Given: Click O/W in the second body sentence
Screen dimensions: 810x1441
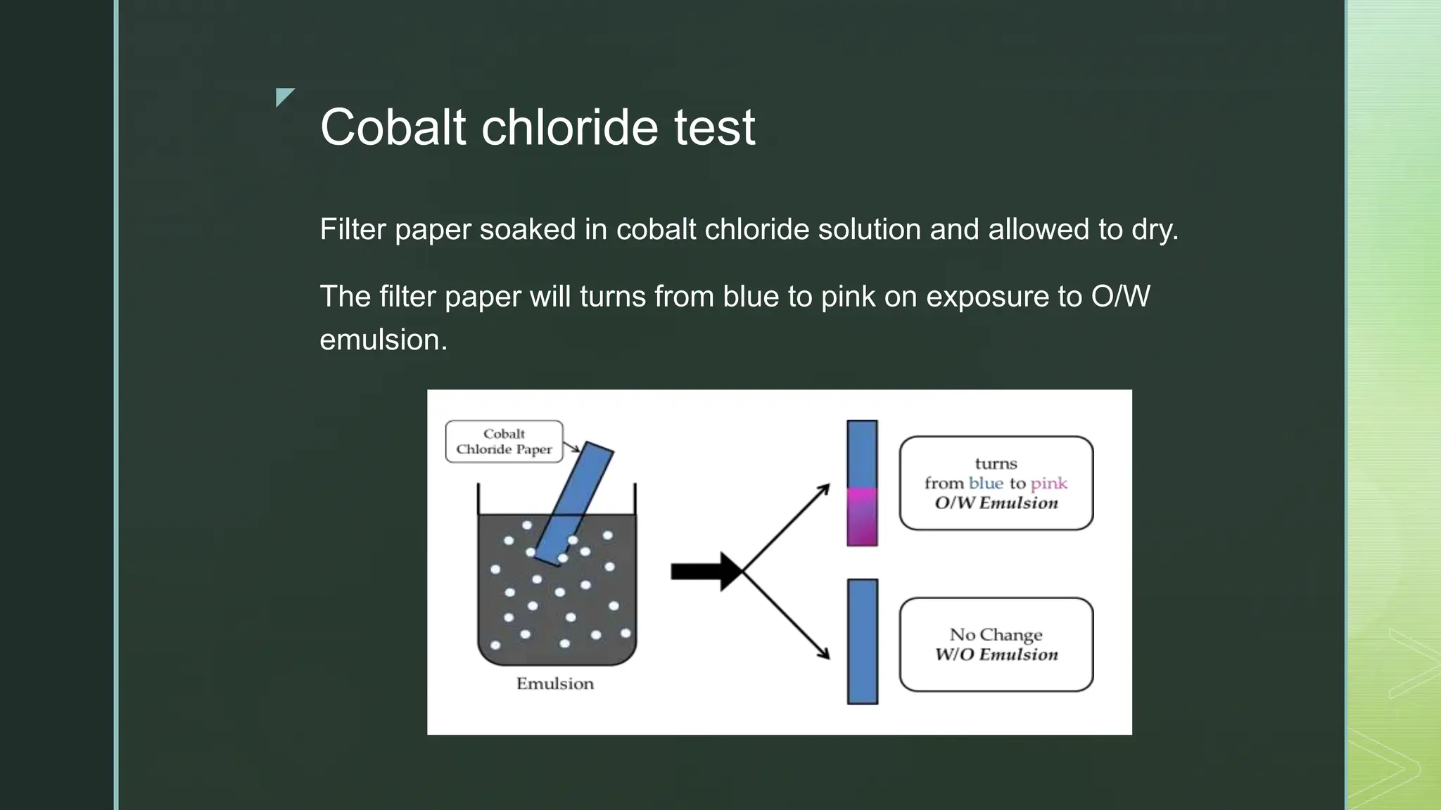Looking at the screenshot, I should click(1120, 296).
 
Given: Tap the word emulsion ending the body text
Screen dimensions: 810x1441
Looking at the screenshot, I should click(382, 340).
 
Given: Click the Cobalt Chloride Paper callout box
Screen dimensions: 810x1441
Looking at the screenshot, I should click(504, 442).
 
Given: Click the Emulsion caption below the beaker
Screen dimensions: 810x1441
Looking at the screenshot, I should click(554, 683).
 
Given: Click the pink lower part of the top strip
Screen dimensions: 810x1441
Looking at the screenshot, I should click(862, 517).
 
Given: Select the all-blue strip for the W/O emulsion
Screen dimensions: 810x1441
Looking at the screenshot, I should click(862, 641).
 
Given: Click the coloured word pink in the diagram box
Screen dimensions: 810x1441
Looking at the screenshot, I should click(1048, 484).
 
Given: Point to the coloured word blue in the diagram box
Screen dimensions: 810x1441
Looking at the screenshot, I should click(985, 483).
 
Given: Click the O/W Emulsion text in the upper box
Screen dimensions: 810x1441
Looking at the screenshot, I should click(996, 503).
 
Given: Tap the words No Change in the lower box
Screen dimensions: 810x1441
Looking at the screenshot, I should click(996, 634).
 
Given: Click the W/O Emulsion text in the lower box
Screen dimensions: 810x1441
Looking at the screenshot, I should click(996, 655).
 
